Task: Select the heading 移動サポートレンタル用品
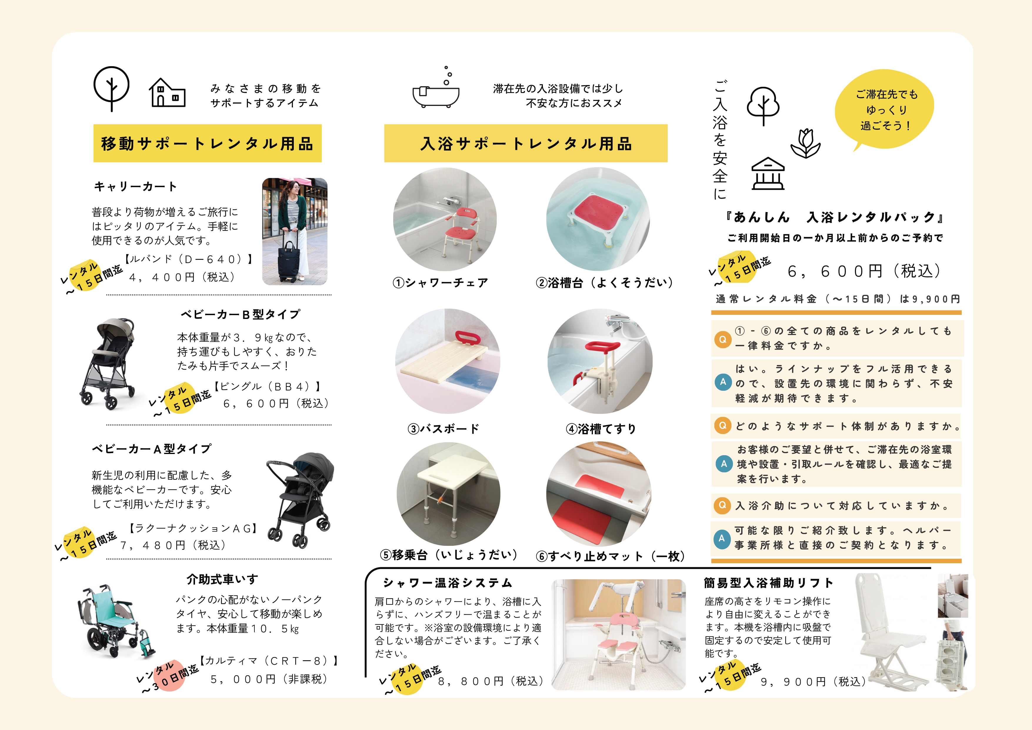click(207, 144)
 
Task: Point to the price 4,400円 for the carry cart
click(182, 277)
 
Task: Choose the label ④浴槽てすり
click(601, 429)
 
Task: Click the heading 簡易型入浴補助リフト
click(768, 583)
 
